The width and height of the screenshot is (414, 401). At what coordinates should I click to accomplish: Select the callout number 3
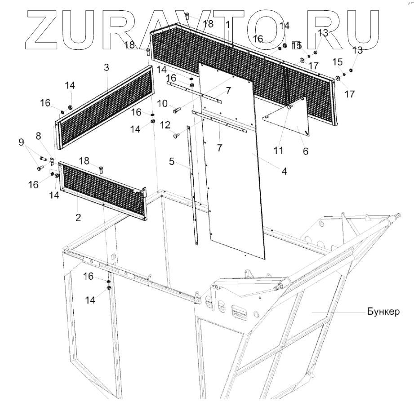pyautogui.click(x=106, y=68)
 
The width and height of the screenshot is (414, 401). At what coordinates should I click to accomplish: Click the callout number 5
pyautogui.click(x=171, y=161)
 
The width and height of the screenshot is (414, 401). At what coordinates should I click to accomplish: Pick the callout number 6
pyautogui.click(x=305, y=152)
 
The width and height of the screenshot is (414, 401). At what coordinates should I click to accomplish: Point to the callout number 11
pyautogui.click(x=278, y=150)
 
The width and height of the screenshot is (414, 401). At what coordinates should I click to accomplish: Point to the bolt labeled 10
pyautogui.click(x=177, y=108)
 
